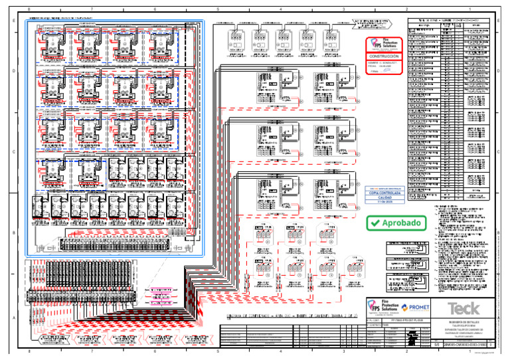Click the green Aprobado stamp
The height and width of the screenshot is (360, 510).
pos(394,223)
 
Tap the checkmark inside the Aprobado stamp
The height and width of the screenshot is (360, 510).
pos(374,224)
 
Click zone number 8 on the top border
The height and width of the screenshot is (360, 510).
pos(29,9)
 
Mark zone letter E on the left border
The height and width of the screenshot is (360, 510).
pos(14,21)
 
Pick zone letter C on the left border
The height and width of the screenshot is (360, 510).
pos(14,152)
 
